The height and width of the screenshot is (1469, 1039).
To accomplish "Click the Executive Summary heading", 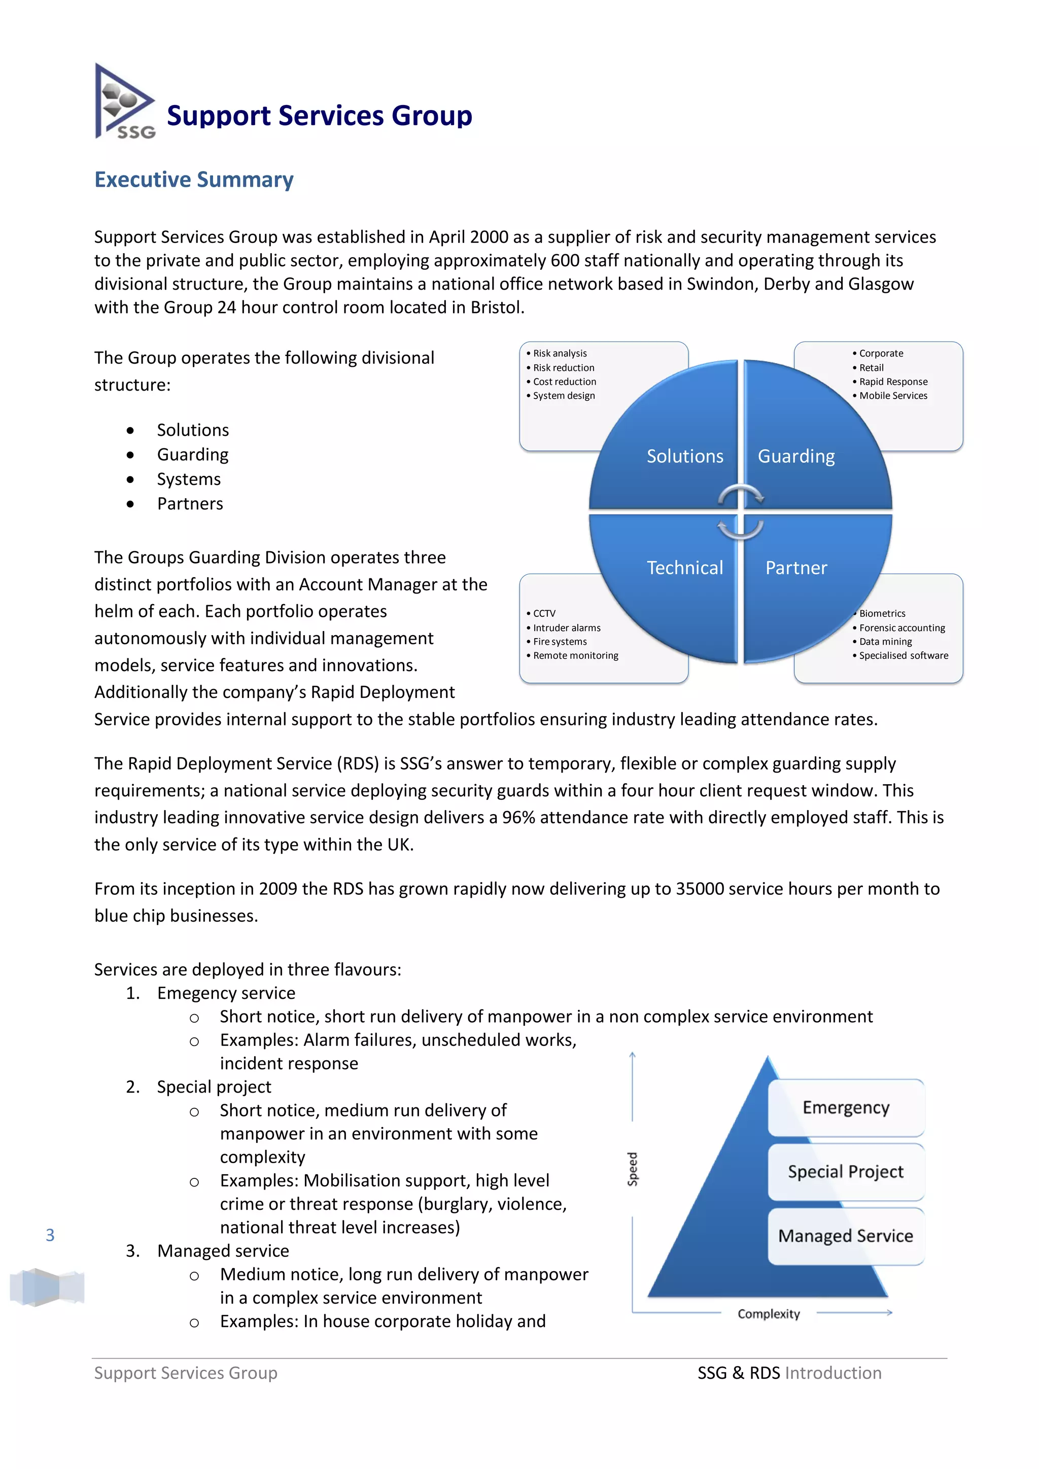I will (194, 180).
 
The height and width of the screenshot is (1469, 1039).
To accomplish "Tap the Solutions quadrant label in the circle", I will (684, 456).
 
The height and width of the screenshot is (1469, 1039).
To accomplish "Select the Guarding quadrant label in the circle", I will (796, 456).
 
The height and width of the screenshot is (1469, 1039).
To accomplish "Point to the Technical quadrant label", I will (684, 568).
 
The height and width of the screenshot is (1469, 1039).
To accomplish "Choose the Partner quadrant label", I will (796, 568).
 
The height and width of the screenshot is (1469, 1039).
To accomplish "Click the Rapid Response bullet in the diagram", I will (893, 382).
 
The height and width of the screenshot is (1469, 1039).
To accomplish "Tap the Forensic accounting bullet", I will (902, 627).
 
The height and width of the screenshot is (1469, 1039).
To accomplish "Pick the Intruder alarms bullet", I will (567, 627).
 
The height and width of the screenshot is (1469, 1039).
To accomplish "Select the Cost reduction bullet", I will (564, 382).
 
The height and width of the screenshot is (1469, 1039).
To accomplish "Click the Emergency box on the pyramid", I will (846, 1107).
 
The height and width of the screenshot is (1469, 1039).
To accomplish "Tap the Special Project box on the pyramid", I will (846, 1171).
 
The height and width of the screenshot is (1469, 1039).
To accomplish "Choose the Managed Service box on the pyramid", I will (846, 1236).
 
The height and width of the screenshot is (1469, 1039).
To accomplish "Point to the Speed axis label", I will (633, 1169).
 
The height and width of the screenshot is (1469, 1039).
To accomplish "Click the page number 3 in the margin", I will (50, 1235).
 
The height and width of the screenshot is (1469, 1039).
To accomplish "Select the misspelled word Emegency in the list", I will (194, 993).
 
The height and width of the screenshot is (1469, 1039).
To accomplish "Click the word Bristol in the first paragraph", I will (497, 308).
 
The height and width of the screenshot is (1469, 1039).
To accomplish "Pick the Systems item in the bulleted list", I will (189, 479).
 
